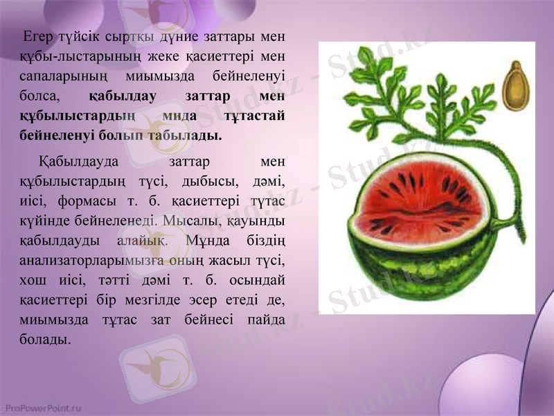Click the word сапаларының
click(53, 75)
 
